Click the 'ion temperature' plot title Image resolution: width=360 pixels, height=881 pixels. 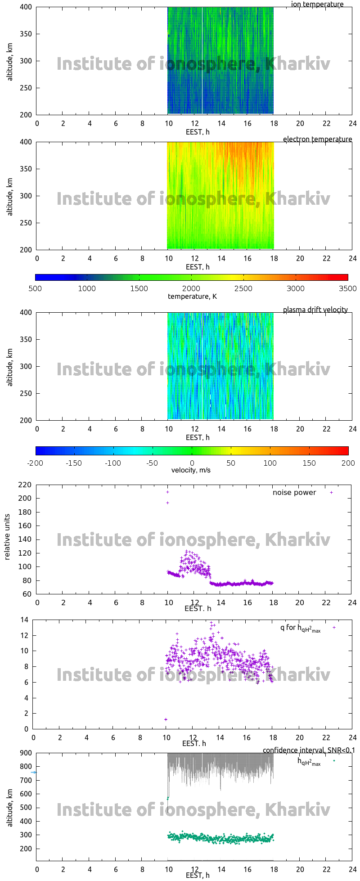click(317, 4)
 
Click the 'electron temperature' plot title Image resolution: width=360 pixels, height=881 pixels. click(317, 139)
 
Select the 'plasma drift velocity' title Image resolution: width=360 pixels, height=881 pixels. click(315, 310)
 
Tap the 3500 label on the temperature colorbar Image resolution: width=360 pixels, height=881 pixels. click(347, 288)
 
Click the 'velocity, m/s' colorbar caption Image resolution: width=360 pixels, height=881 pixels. click(191, 470)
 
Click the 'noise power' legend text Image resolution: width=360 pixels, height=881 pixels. click(294, 493)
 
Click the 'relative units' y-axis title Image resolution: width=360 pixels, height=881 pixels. click(7, 539)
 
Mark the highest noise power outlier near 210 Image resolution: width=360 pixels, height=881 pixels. click(167, 492)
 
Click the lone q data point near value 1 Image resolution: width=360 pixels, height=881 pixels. click(166, 719)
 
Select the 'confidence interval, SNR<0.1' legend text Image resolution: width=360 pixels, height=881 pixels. click(309, 750)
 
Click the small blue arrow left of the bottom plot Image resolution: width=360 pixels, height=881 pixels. click(33, 772)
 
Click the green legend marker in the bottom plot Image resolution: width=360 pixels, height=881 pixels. click(334, 761)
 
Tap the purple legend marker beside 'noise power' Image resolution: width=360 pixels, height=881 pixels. click(331, 493)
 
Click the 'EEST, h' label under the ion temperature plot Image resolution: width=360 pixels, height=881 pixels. click(198, 132)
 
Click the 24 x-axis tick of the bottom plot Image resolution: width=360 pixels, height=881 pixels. click(352, 869)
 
